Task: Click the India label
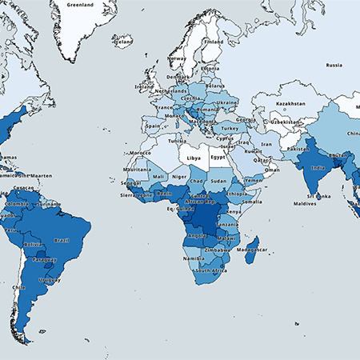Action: (x=318, y=167)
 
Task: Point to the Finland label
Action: (x=213, y=42)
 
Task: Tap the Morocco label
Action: (x=140, y=152)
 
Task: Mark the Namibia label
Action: (x=192, y=259)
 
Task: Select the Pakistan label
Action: (x=298, y=149)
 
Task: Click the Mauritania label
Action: (x=138, y=170)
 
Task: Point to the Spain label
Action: (x=153, y=126)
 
